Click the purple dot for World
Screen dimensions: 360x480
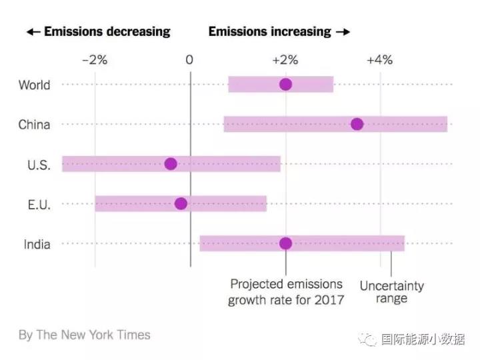pyautogui.click(x=285, y=84)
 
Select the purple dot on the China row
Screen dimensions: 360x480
pyautogui.click(x=357, y=124)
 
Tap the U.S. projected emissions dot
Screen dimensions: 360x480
pyautogui.click(x=171, y=164)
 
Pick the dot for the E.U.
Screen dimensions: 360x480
pyautogui.click(x=181, y=203)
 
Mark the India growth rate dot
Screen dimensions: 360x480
pyautogui.click(x=285, y=243)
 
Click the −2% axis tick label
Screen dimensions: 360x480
pyautogui.click(x=94, y=60)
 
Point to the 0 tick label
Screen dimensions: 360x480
pyautogui.click(x=189, y=60)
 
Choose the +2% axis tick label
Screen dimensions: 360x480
pyautogui.click(x=285, y=60)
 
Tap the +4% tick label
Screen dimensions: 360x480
pyautogui.click(x=379, y=60)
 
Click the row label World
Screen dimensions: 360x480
pyautogui.click(x=34, y=85)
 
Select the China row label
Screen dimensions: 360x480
pyautogui.click(x=34, y=125)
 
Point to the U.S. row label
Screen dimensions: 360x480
pyautogui.click(x=37, y=165)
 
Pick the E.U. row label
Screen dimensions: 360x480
pyautogui.click(x=38, y=204)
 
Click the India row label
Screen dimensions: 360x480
pyautogui.click(x=37, y=244)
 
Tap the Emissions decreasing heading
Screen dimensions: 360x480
pyautogui.click(x=99, y=31)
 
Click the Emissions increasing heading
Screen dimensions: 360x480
pyautogui.click(x=279, y=31)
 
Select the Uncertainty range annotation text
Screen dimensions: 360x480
pyautogui.click(x=391, y=292)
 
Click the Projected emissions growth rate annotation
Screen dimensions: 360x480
pyautogui.click(x=286, y=292)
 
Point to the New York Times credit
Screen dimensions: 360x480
pyautogui.click(x=85, y=335)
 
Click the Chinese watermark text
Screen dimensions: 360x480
pyautogui.click(x=423, y=339)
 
